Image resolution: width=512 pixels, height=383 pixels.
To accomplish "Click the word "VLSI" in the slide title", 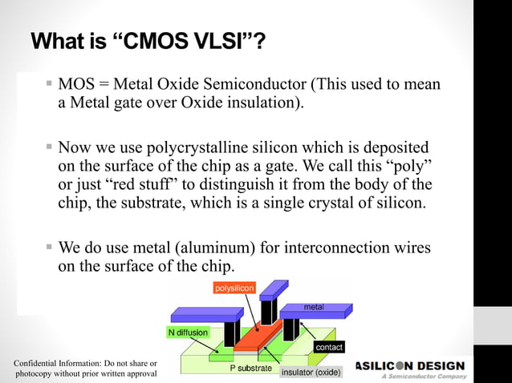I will tap(221, 41).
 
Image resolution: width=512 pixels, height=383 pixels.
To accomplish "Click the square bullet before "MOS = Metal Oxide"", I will tap(49, 84).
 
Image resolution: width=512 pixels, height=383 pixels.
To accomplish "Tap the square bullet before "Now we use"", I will tap(49, 147).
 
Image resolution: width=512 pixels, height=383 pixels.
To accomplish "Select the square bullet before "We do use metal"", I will tap(49, 244).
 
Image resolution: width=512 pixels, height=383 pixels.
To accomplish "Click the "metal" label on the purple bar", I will tap(314, 308).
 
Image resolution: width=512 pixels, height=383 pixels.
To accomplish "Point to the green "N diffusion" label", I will tap(188, 332).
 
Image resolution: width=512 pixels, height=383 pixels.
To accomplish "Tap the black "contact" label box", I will tap(329, 348).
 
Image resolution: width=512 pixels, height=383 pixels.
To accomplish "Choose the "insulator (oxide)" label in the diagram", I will tap(311, 373).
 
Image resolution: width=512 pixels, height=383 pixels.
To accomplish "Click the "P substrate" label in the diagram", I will tap(251, 369).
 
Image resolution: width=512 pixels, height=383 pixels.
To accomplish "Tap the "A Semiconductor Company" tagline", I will tap(423, 377).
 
